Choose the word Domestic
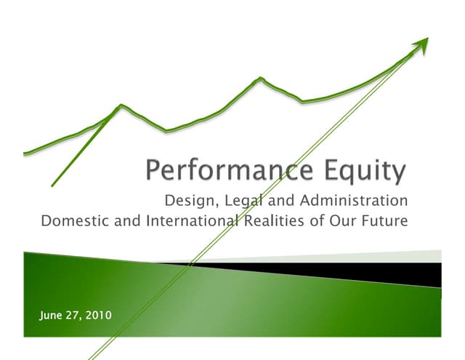[73, 220]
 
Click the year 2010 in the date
[100, 314]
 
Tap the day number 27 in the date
[77, 314]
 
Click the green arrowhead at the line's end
[422, 47]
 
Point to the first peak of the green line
[121, 105]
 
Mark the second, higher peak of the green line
[259, 78]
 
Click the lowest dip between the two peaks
[166, 132]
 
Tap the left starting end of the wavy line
[26, 153]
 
